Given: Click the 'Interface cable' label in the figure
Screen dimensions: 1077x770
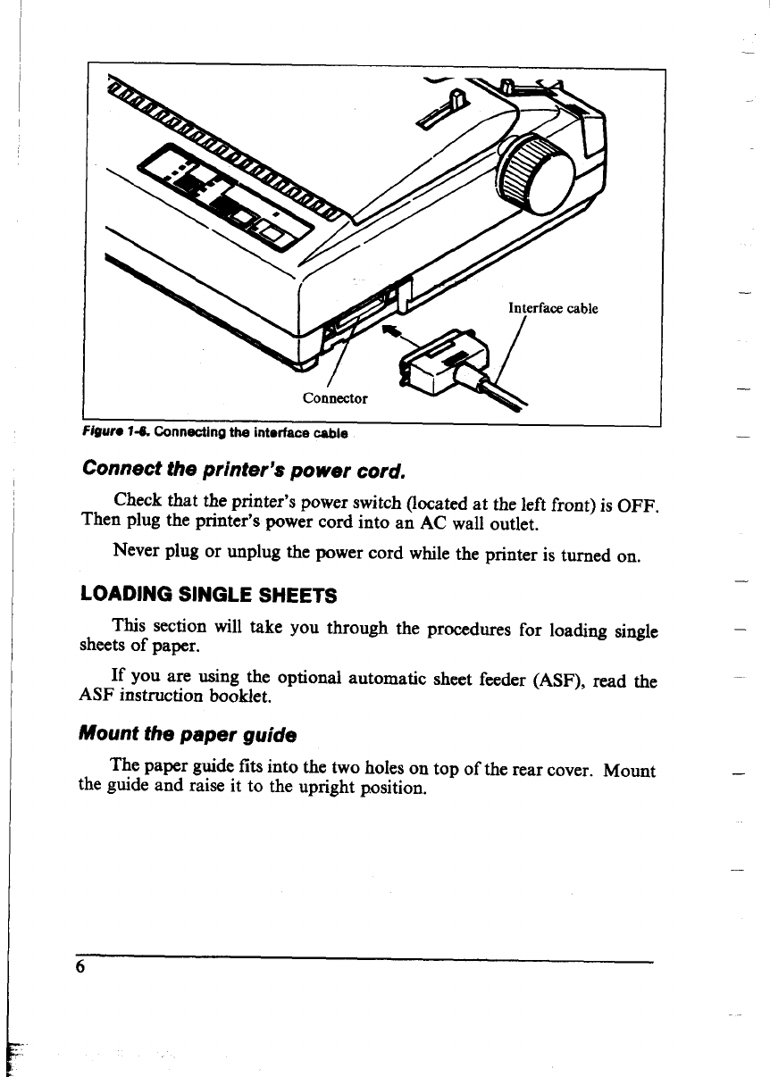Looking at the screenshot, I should pos(552,309).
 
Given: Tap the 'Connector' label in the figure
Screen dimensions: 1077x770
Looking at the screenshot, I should pos(335,397).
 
